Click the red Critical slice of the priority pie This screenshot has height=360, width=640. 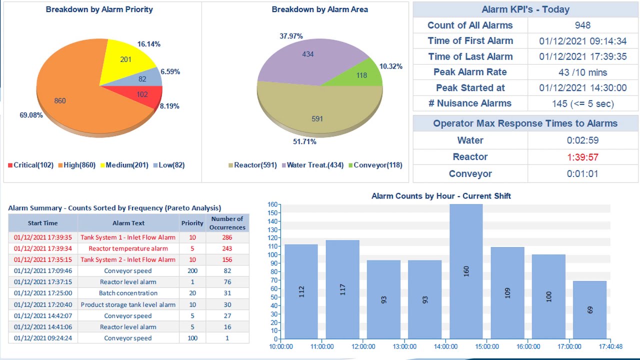(x=142, y=95)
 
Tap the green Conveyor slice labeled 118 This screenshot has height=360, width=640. (x=361, y=75)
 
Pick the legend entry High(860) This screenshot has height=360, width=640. (x=76, y=165)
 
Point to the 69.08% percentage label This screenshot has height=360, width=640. (x=31, y=115)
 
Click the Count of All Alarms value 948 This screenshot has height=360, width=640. (x=582, y=25)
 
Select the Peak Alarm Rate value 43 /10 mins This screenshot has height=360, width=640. (x=582, y=72)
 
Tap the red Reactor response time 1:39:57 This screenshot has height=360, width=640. (x=582, y=157)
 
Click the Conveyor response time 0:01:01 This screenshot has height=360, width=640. (x=582, y=174)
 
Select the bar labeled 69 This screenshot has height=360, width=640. (x=589, y=309)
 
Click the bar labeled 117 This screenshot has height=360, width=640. (x=342, y=289)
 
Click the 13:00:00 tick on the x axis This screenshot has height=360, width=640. (x=404, y=346)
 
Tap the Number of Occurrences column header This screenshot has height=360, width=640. (x=227, y=223)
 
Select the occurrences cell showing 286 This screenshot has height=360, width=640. (x=227, y=237)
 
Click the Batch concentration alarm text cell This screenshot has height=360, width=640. (x=128, y=293)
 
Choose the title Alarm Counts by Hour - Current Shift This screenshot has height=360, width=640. (x=441, y=196)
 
